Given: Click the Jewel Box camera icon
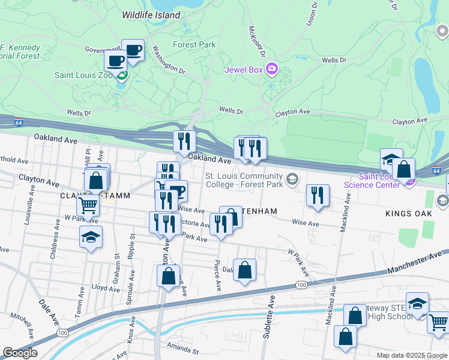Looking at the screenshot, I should point(272,70).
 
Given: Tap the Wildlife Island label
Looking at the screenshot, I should point(151,14).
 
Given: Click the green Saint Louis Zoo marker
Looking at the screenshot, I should point(122,76).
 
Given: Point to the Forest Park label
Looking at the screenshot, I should point(193,44).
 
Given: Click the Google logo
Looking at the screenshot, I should point(20,353).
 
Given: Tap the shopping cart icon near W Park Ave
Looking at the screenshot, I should point(88,206).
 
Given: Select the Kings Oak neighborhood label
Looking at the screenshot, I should point(409,214).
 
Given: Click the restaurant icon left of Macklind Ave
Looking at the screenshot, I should point(318,196).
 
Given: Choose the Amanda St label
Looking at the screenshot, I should point(184,349).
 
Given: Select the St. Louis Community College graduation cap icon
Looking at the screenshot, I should point(292,179).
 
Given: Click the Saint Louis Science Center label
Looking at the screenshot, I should point(371,181).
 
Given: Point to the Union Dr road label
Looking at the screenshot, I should point(312,13).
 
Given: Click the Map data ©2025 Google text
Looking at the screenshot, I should point(412,355).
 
